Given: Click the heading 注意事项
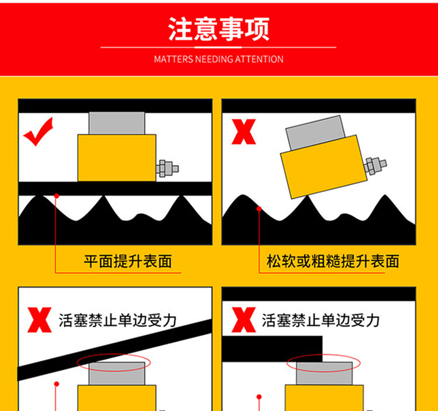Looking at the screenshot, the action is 219,29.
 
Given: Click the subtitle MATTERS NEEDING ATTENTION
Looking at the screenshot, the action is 219,59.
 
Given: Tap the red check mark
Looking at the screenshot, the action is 39,132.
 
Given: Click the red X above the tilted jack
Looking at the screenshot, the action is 244,132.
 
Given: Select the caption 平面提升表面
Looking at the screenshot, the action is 128,262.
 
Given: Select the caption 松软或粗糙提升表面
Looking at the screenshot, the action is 333,262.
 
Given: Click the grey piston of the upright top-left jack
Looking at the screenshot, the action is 117,123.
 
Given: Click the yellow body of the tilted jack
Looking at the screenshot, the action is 324,167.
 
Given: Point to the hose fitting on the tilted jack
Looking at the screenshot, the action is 376,166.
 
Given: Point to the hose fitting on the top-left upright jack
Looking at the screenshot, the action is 167,169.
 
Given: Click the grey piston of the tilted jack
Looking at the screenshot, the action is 315,133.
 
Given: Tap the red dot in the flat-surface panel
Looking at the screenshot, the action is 57,196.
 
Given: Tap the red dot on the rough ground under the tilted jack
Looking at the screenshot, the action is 259,209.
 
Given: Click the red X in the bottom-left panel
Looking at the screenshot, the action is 39,320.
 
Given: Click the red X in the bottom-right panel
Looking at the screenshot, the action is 244,320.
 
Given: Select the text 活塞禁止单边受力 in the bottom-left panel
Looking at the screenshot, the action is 117,321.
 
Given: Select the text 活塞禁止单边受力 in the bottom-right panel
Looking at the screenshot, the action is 321,321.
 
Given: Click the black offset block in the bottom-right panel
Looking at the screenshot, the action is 272,349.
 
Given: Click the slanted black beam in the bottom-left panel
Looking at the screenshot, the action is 114,350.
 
